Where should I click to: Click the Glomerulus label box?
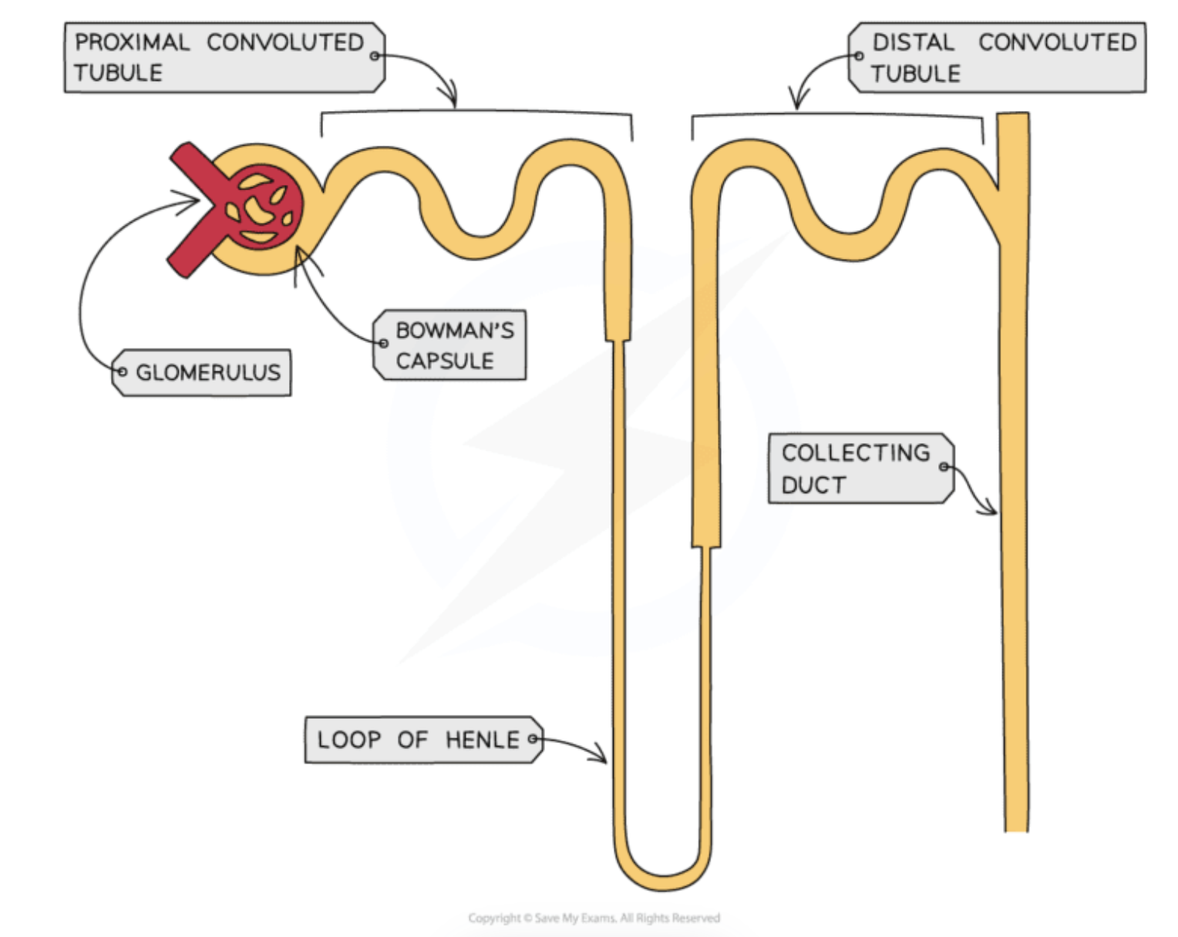pyautogui.click(x=204, y=373)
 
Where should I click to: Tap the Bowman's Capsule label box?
pyautogui.click(x=452, y=345)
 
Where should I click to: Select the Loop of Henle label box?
pyautogui.click(x=422, y=740)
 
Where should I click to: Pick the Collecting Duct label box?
pyautogui.click(x=859, y=468)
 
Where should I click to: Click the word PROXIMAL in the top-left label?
pyautogui.click(x=132, y=42)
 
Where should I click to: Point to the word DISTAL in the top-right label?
pyautogui.click(x=913, y=42)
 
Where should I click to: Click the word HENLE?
pyautogui.click(x=483, y=740)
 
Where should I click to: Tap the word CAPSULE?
pyautogui.click(x=445, y=361)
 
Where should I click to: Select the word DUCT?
pyautogui.click(x=814, y=485)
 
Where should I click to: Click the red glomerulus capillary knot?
pyautogui.click(x=262, y=206)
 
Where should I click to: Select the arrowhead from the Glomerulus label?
pyautogui.click(x=196, y=201)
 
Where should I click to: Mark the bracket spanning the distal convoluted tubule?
pyautogui.click(x=836, y=117)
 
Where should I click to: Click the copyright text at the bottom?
pyautogui.click(x=594, y=918)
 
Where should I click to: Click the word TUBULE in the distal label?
pyautogui.click(x=916, y=74)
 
